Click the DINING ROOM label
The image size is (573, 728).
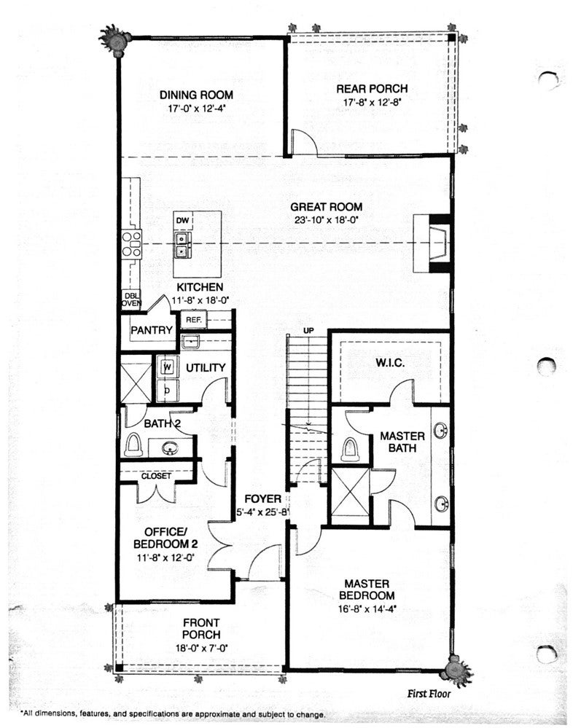pos(196,95)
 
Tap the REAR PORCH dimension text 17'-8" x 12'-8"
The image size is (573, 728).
pos(372,102)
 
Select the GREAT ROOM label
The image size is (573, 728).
pos(327,207)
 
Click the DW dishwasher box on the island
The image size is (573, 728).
pos(183,221)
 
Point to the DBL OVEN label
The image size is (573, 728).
pos(131,300)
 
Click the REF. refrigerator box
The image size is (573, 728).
pos(193,320)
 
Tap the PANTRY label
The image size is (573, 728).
pos(152,330)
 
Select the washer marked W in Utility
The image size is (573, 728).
pos(168,367)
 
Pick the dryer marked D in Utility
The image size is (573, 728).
pos(167,391)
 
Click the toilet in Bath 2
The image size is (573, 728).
pos(133,445)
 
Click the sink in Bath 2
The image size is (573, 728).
pos(170,448)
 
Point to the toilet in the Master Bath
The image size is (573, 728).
pos(349,449)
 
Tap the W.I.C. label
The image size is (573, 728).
pos(390,363)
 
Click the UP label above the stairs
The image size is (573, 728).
pos(308,331)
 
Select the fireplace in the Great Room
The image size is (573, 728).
pos(432,243)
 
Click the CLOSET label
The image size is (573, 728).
pos(156,476)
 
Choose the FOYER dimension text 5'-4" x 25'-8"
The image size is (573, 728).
pos(263,512)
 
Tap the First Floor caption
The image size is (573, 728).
pos(429,694)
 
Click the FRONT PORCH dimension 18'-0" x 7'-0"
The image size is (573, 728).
pos(201,648)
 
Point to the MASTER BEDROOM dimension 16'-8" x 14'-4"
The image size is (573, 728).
pos(367,608)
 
